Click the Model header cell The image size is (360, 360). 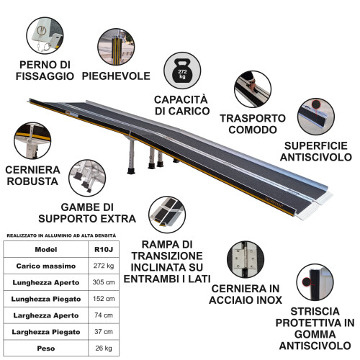click(45, 250)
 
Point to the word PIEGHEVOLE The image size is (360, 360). click(116, 76)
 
